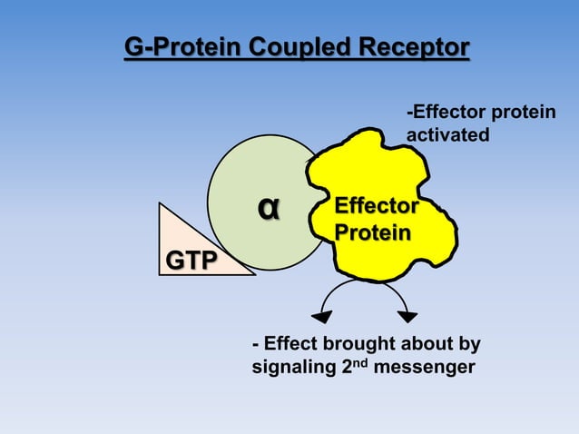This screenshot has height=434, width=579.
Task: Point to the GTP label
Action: pos(191,261)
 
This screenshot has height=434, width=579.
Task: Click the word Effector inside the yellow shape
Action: pos(377,206)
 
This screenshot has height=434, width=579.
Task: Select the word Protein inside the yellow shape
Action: pos(372,232)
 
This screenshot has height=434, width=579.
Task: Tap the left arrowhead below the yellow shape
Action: pos(322,316)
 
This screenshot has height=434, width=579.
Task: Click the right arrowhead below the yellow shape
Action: pos(407,316)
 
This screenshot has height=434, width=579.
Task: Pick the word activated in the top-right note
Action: pos(447,135)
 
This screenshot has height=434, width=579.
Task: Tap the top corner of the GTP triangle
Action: pos(160,203)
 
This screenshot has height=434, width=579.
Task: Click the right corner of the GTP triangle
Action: pos(253,273)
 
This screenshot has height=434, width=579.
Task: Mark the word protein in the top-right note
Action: pos(523,112)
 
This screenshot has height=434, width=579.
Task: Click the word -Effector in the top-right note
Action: pos(445,112)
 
